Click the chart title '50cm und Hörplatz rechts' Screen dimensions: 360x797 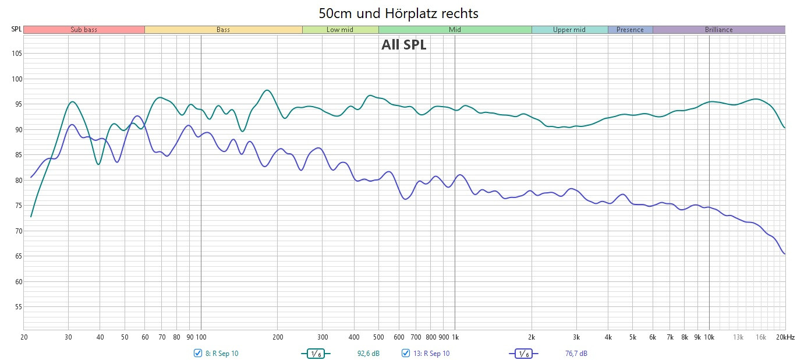coord(398,12)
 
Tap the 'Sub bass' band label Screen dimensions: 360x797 coord(84,30)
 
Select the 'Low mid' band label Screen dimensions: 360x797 coord(340,30)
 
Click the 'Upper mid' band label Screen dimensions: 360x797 coord(569,30)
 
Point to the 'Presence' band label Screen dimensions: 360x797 coord(630,30)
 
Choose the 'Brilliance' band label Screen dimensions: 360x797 coord(718,30)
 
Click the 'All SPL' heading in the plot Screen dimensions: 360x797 coord(403,45)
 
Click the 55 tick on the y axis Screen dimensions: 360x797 coord(17,307)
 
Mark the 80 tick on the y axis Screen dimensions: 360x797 coord(17,181)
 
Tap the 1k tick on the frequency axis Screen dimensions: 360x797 coord(455,337)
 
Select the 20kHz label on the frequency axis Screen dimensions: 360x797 coord(786,337)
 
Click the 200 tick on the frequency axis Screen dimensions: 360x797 coord(278,337)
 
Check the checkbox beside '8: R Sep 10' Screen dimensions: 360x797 coord(198,353)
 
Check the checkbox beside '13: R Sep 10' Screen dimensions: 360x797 coord(406,353)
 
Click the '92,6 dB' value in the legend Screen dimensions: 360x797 coord(368,354)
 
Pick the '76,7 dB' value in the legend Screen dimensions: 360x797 coord(576,354)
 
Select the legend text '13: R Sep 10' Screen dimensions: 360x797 coord(431,354)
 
